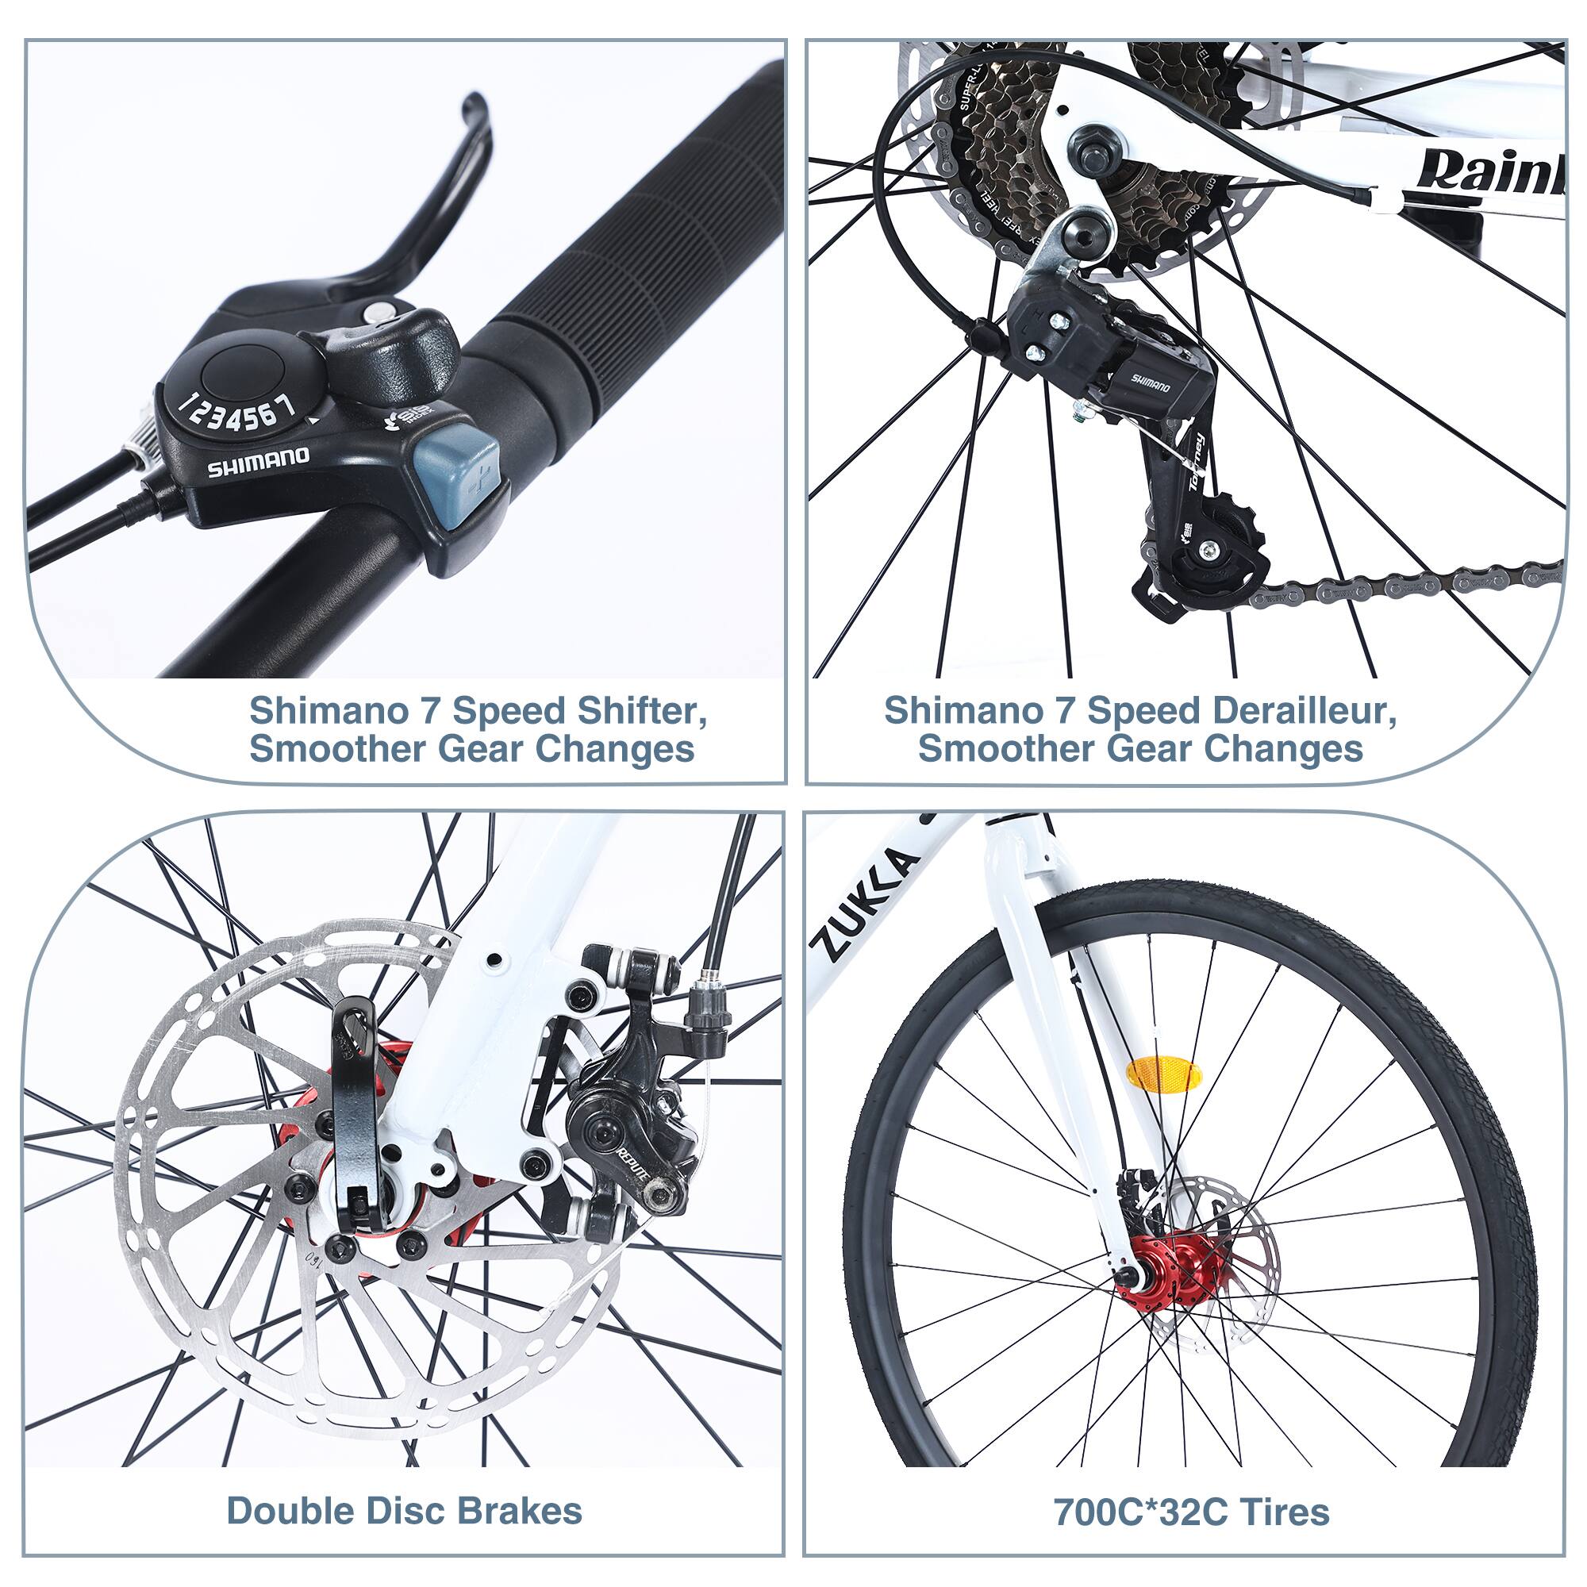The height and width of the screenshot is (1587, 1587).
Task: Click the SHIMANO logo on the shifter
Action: [258, 463]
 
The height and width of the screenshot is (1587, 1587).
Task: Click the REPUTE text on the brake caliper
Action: [633, 1165]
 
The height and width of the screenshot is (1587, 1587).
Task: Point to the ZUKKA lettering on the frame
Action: [863, 905]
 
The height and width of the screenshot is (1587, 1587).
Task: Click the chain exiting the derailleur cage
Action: [1397, 584]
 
